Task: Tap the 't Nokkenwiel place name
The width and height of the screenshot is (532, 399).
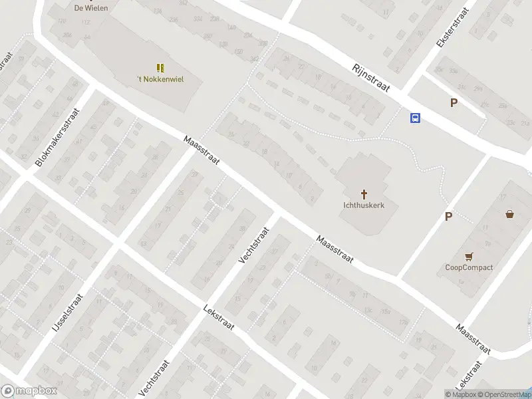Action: (x=160, y=79)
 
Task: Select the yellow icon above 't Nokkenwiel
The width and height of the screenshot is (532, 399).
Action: (x=160, y=67)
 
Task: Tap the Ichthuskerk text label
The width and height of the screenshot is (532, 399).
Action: (x=364, y=205)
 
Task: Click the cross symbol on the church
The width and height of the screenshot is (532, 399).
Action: (x=364, y=194)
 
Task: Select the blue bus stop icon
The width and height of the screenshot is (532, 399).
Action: (x=415, y=118)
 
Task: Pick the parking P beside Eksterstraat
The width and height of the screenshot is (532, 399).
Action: (x=454, y=102)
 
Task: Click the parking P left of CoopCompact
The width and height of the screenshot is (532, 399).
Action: (x=448, y=216)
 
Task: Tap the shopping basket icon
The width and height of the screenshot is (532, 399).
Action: (x=509, y=214)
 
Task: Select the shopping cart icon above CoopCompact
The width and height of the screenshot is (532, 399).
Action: (x=469, y=257)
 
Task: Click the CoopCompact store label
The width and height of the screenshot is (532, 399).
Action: (x=469, y=267)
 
